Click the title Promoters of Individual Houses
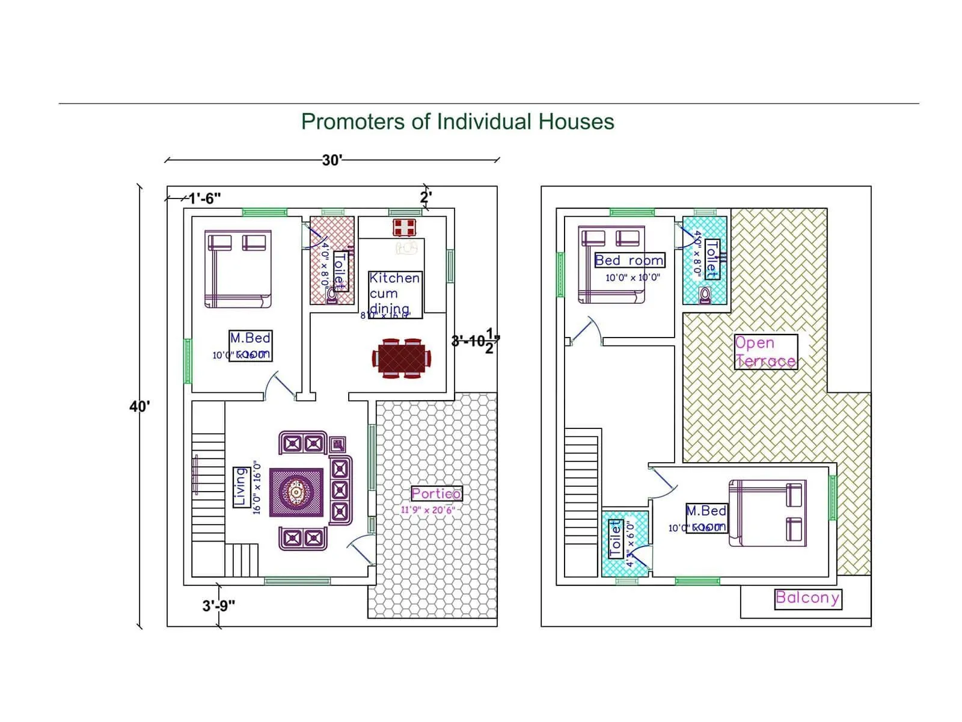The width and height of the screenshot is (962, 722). tap(457, 122)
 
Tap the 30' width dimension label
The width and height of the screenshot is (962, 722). tap(332, 160)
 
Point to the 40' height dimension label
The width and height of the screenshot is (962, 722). tap(139, 407)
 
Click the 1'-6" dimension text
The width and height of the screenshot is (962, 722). tap(204, 199)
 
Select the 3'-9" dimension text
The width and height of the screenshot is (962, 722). tap(218, 605)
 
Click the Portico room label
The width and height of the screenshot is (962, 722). tap(437, 493)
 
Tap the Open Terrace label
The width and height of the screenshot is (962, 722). tap(765, 351)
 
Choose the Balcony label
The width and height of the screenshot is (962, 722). tap(807, 598)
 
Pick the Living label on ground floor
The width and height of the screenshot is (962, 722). tap(241, 487)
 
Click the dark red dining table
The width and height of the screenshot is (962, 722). tap(401, 359)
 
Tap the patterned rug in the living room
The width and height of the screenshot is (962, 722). tap(296, 493)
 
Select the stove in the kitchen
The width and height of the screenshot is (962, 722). tap(405, 228)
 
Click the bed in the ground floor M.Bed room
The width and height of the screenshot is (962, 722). tap(237, 269)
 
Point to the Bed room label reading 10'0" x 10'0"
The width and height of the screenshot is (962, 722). tap(630, 260)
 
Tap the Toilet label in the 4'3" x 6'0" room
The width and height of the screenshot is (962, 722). tap(615, 538)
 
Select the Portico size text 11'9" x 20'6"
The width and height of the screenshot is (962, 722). tap(427, 510)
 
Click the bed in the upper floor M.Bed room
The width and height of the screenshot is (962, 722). tap(767, 513)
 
